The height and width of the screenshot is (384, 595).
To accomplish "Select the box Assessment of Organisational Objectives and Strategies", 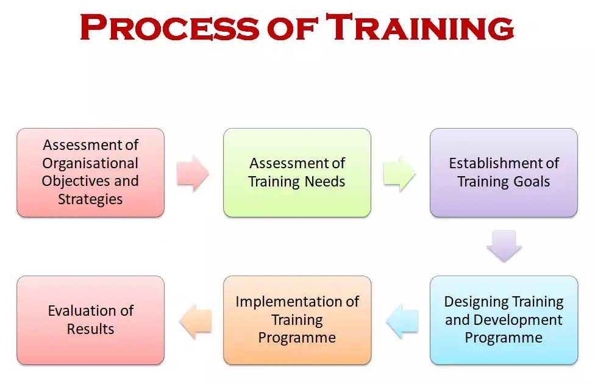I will [x=90, y=172].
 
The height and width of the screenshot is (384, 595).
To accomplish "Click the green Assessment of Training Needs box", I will [x=297, y=172].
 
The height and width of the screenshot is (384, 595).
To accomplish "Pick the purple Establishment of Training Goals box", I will [x=504, y=172].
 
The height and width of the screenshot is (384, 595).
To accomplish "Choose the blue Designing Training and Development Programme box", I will [x=504, y=320].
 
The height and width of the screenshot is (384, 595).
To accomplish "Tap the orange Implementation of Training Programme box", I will [x=297, y=320].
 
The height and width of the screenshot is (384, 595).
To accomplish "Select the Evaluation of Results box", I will [x=90, y=320].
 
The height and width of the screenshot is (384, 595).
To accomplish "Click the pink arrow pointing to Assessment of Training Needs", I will [x=193, y=173].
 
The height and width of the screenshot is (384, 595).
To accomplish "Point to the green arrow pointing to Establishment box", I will [x=400, y=173].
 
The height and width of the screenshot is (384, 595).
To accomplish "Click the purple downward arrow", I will [x=504, y=246].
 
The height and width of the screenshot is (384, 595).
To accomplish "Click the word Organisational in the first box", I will [x=90, y=163].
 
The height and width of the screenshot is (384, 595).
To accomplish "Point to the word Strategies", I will [x=90, y=199].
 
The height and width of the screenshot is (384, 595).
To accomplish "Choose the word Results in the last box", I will [x=90, y=329].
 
